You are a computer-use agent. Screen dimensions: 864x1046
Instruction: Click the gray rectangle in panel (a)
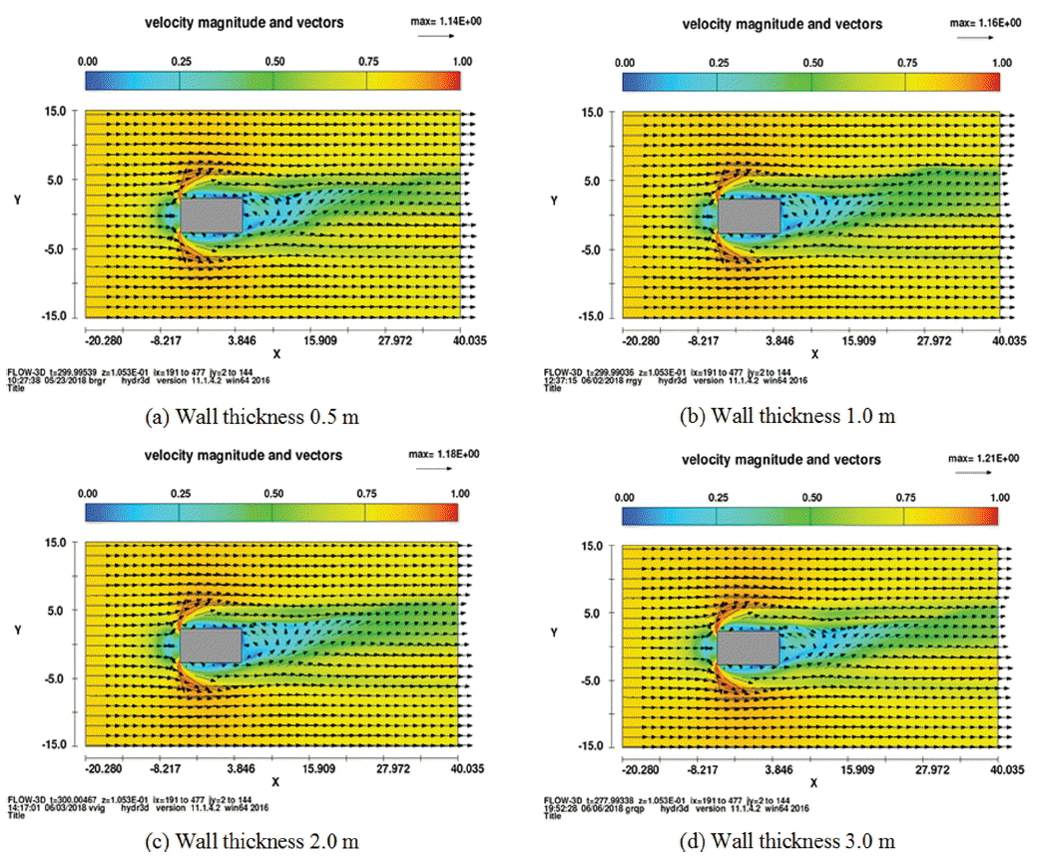212,215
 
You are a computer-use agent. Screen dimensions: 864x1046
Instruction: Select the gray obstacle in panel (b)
749,215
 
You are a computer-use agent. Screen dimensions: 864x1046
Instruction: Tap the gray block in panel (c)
212,645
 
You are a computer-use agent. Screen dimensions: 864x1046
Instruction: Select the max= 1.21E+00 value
983,458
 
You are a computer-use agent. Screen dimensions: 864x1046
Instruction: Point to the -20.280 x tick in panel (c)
104,768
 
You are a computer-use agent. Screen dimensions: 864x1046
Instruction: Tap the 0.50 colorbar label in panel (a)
272,61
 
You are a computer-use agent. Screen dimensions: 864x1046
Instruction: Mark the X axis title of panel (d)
812,784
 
